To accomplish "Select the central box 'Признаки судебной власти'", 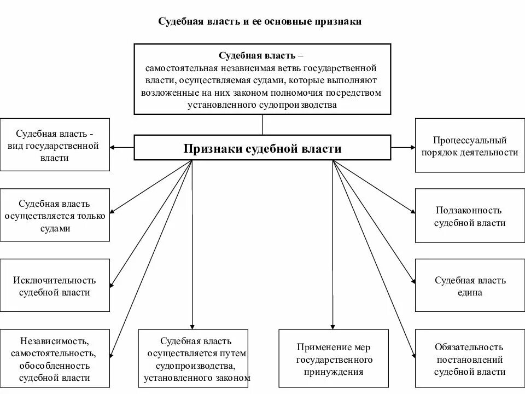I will (262, 148).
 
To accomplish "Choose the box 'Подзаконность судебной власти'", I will (470, 216).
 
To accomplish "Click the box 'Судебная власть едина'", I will (470, 286).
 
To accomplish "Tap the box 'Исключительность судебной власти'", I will (55, 286).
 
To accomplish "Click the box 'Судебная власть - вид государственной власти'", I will (55, 144).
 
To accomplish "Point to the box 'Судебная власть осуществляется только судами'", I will (55, 216).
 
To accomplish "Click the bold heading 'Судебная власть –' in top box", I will (262, 56).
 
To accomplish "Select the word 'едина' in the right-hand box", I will (470, 292).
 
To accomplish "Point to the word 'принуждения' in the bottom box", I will (334, 372).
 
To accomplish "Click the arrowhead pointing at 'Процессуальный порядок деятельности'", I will (412, 147).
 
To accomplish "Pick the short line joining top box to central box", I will (262, 124).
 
